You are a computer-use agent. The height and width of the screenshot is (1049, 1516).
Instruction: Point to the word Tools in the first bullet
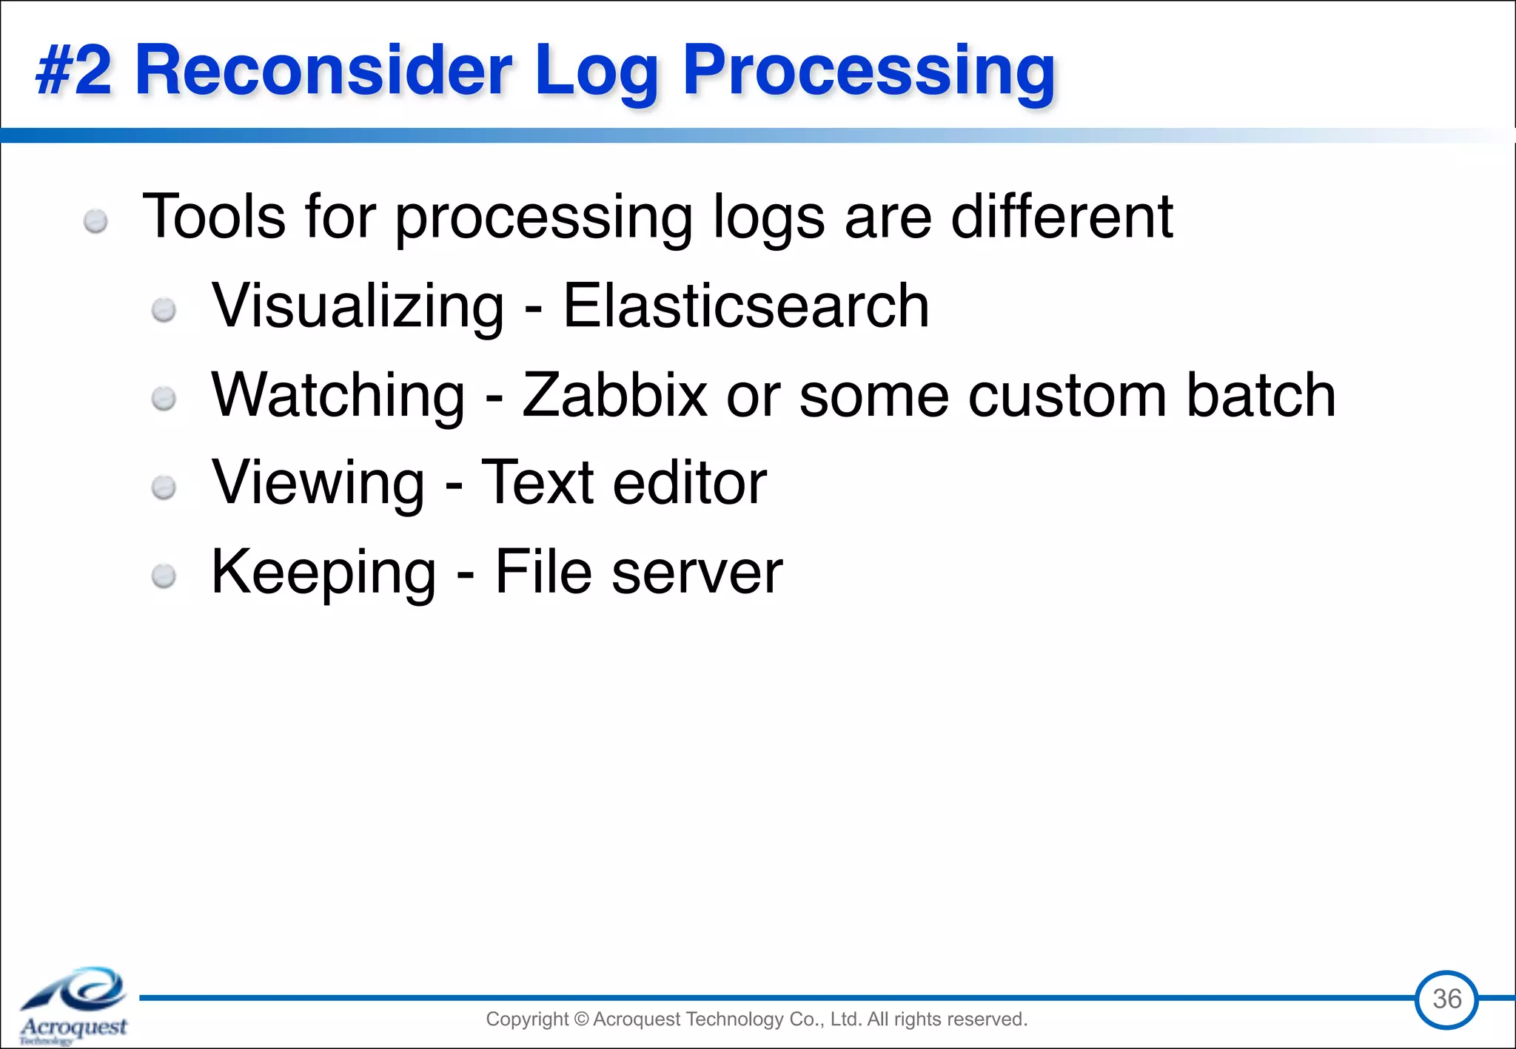214,216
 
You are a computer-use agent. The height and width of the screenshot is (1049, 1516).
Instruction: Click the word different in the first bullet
1061,216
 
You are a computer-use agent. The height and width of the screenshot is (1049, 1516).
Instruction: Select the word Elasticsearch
745,306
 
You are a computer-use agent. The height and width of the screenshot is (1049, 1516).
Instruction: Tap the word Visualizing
358,306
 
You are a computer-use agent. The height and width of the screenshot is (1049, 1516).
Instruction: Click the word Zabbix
614,394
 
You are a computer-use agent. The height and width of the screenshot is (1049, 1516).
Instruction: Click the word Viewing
318,482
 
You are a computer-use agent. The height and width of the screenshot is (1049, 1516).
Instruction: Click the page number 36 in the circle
1446,999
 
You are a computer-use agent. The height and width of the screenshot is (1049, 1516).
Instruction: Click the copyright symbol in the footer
580,1019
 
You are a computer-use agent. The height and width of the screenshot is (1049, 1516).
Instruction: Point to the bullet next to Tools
95,221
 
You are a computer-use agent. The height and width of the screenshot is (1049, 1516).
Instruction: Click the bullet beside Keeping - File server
164,576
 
